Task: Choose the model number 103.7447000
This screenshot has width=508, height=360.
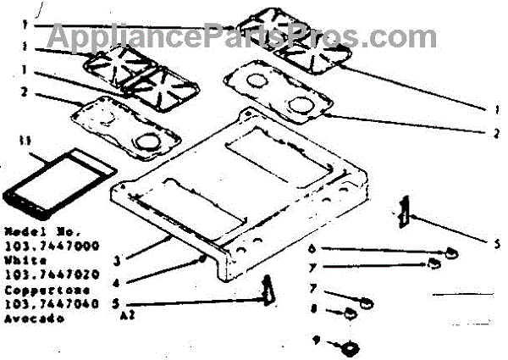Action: click(51, 246)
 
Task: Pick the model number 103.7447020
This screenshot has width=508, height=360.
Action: click(51, 275)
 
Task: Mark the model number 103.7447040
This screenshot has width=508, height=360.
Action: click(51, 304)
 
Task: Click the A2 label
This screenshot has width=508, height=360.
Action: click(127, 318)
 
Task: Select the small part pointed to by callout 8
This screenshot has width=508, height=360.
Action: click(347, 315)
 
